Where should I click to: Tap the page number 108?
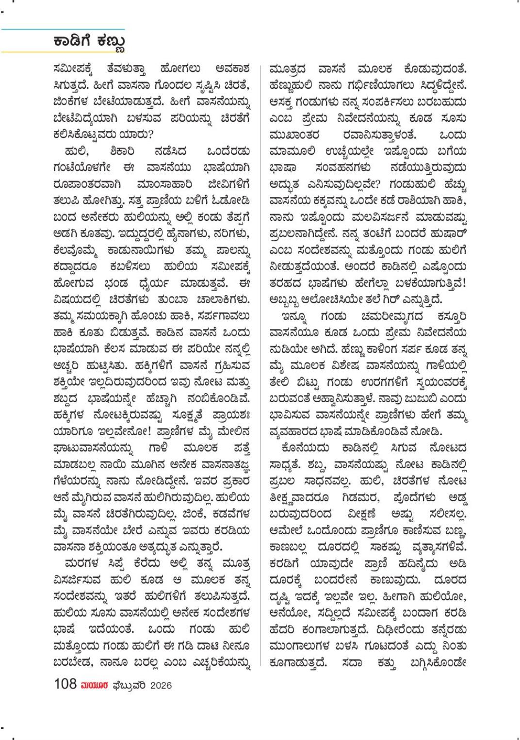click(65, 684)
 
